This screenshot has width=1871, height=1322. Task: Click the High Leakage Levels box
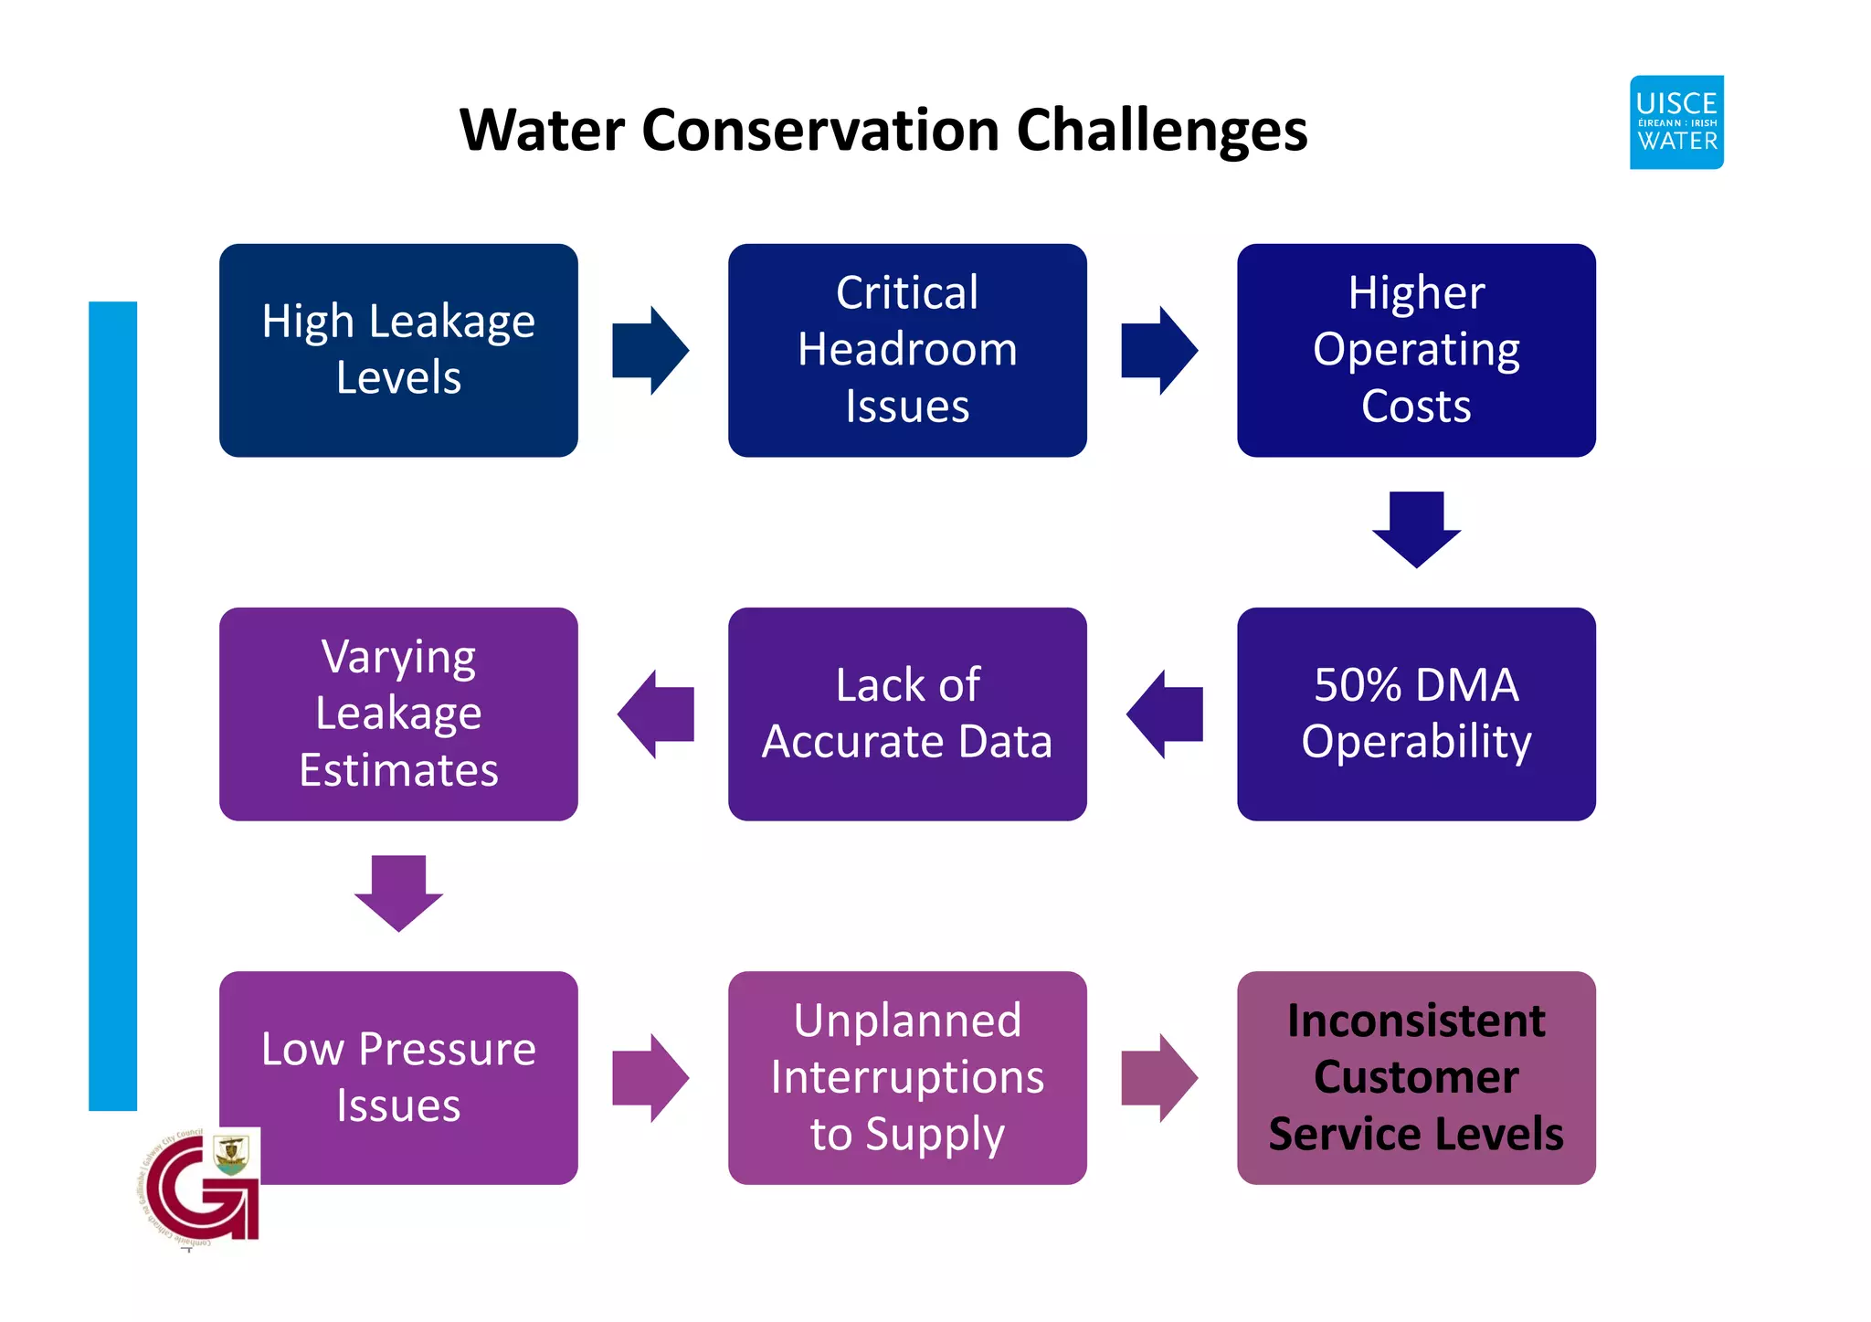coord(398,350)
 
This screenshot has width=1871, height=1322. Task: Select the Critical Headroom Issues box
coord(907,350)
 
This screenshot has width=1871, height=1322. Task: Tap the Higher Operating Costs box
coord(1416,350)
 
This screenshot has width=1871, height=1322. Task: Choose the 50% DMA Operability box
coord(1416,714)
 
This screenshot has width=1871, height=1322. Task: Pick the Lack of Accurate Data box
coord(907,714)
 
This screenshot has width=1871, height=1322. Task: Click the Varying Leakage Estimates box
coord(398,714)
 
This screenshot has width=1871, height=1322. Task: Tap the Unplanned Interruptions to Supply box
coord(907,1077)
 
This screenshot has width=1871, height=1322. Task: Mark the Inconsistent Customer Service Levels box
coord(1416,1077)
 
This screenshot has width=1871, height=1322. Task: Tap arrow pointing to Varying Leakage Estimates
coord(656,714)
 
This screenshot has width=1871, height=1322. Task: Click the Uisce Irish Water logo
coord(1676,122)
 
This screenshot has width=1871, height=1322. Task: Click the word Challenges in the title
coord(1162,131)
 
